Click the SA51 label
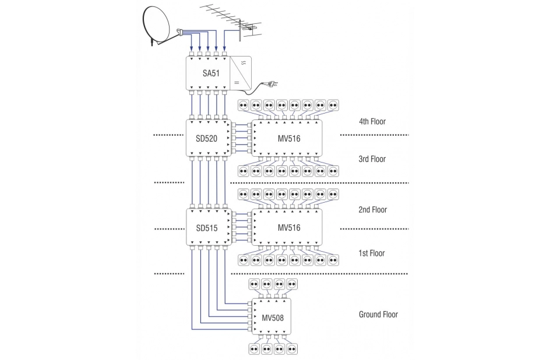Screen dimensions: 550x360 coord(211,73)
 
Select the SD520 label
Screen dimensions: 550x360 coord(207,139)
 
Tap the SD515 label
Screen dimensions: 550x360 coord(207,228)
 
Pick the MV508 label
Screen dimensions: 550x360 coord(273,318)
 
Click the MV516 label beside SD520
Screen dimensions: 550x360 coord(289,139)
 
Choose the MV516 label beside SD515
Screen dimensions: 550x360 coord(289,228)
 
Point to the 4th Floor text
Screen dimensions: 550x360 coord(372,122)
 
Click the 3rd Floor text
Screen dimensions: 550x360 coord(372,159)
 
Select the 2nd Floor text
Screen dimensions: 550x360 coord(372,210)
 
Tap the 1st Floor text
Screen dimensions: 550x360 coord(372,253)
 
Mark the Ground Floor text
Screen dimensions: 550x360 coord(378,315)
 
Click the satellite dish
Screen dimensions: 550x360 coord(156,24)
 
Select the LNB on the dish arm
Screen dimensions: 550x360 coord(180,32)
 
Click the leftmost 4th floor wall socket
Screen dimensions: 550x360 coord(244,105)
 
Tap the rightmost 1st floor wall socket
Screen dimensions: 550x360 coord(333,260)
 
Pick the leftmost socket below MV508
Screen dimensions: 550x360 coord(254,349)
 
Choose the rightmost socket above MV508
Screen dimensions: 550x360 coord(292,284)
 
